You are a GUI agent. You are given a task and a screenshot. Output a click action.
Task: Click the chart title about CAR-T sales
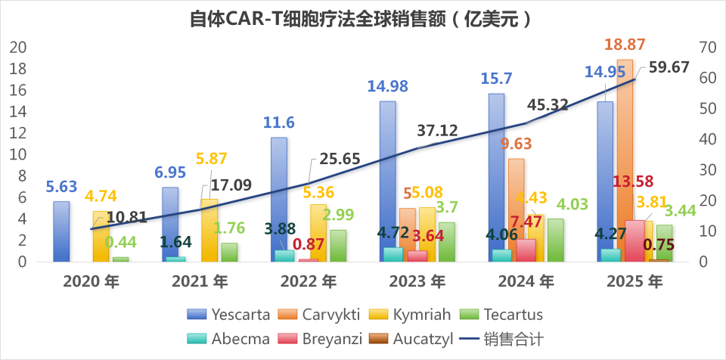tap(362, 19)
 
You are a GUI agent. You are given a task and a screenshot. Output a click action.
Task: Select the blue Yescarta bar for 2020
tap(62, 231)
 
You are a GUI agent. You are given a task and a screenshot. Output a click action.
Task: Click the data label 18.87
tap(625, 45)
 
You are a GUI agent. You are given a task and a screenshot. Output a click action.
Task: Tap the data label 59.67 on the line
tap(669, 67)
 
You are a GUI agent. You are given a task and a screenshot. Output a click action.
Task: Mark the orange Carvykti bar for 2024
tap(517, 208)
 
